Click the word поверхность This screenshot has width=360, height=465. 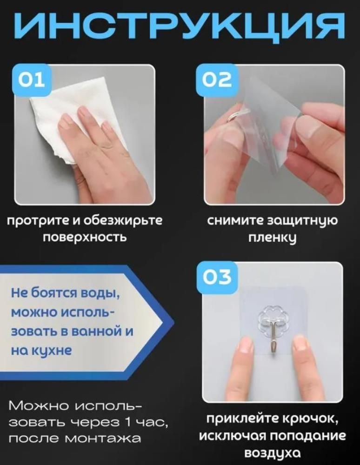(85, 237)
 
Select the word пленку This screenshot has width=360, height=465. (272, 238)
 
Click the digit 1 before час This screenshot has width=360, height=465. (128, 422)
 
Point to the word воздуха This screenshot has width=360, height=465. (272, 453)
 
